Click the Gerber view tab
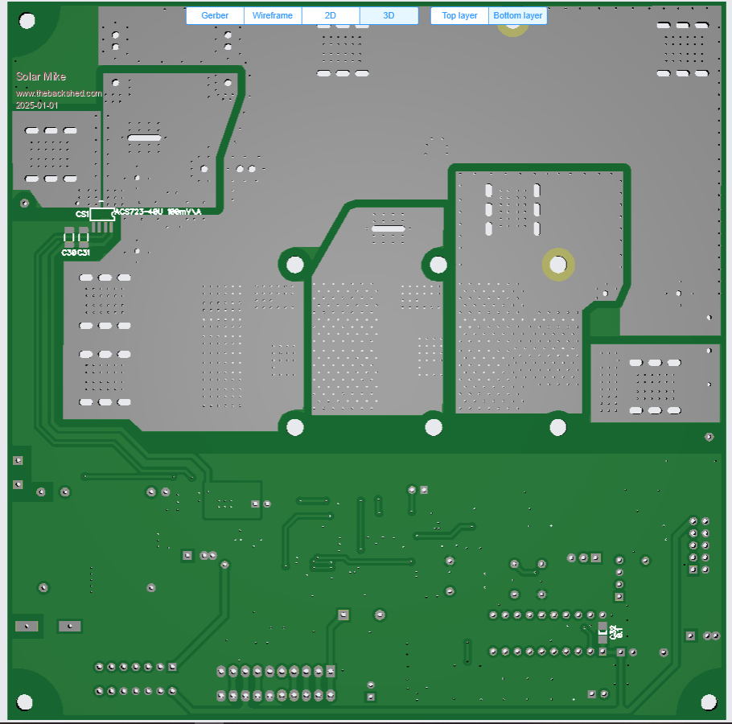click(x=215, y=16)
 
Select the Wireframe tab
click(x=273, y=16)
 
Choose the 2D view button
click(x=331, y=16)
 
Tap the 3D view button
click(x=389, y=16)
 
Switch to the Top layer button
click(x=459, y=16)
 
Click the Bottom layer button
click(x=518, y=16)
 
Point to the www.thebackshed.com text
click(x=59, y=93)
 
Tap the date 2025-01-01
click(x=37, y=105)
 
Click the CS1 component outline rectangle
click(x=102, y=214)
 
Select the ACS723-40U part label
click(x=158, y=212)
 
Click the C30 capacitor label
click(x=69, y=253)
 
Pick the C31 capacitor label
click(x=83, y=253)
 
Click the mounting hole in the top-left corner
click(x=27, y=21)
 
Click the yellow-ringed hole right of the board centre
click(x=558, y=264)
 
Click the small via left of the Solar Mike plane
click(x=24, y=204)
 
